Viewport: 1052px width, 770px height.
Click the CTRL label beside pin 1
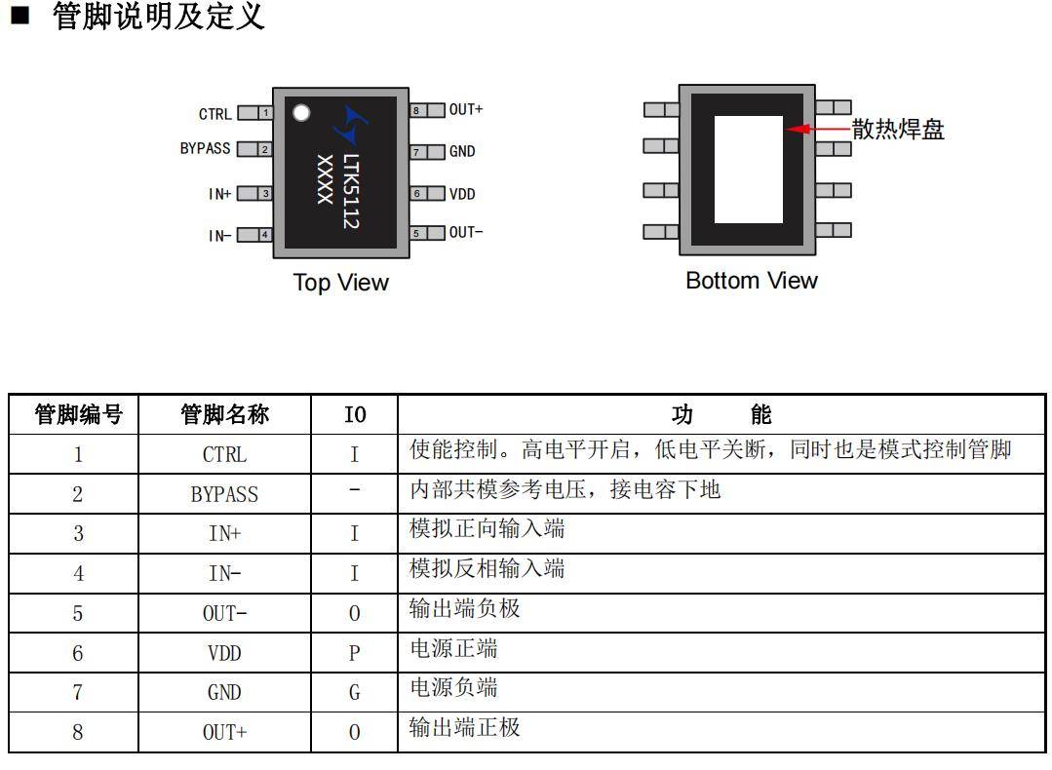click(215, 114)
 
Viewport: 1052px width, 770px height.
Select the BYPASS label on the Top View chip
click(206, 149)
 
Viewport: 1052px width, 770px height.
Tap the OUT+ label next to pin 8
click(466, 110)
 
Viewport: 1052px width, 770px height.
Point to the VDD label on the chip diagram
click(462, 194)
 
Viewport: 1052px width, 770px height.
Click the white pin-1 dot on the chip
click(301, 112)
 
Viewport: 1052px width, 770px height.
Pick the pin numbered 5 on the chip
click(416, 234)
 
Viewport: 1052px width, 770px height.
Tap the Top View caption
click(340, 283)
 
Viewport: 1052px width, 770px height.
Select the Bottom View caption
click(751, 281)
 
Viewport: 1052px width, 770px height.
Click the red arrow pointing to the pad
click(817, 129)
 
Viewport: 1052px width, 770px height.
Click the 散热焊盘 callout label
click(898, 130)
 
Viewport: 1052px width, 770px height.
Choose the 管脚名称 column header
click(224, 415)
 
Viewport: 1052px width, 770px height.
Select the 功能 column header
click(721, 415)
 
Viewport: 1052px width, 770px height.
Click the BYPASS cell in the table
click(224, 494)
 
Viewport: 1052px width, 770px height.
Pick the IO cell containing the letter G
click(354, 693)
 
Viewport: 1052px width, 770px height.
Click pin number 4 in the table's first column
click(78, 573)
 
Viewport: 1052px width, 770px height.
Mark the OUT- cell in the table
click(224, 613)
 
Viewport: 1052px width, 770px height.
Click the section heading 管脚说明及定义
click(158, 17)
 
